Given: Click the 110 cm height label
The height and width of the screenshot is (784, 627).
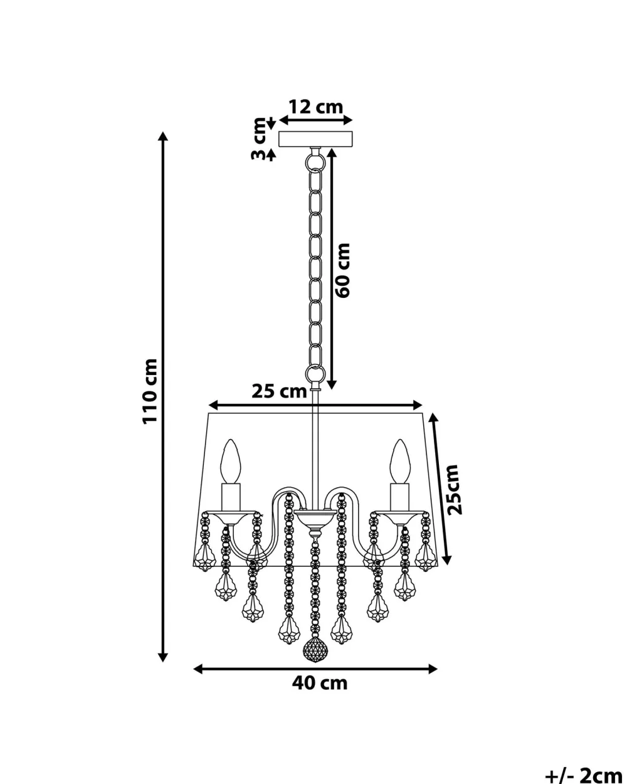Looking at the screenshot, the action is (150, 391).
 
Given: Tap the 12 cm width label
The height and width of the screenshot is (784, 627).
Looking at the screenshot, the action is (316, 107).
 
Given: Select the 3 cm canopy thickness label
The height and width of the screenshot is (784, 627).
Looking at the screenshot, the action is (259, 139).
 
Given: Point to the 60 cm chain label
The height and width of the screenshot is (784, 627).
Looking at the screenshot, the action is (342, 270).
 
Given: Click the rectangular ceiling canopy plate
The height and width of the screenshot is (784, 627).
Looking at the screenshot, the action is (315, 139).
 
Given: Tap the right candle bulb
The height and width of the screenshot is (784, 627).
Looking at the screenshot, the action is (400, 462).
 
